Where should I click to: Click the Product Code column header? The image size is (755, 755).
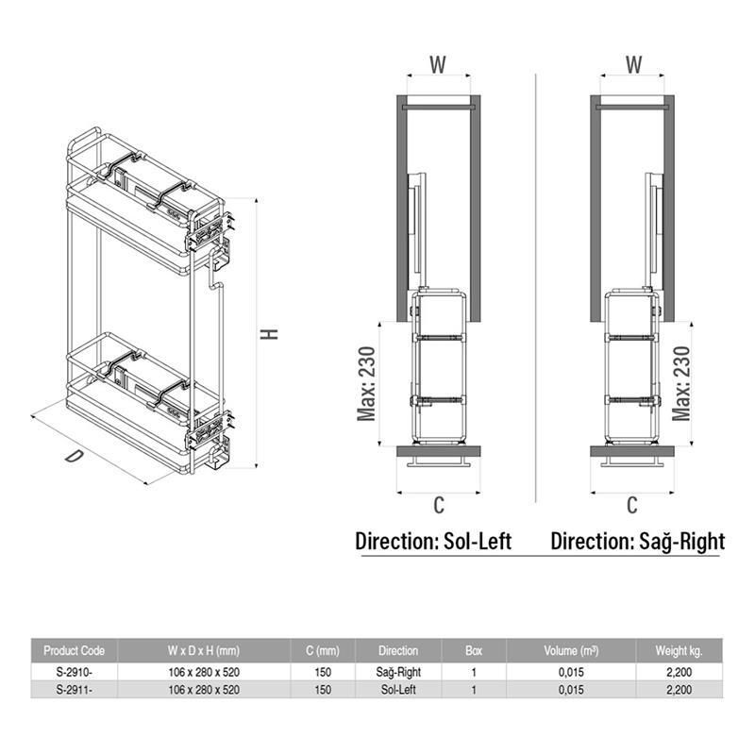point(75,650)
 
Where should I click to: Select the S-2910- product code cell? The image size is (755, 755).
point(74,672)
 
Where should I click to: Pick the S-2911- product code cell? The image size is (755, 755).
point(74,690)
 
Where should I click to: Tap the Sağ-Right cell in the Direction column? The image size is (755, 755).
point(398,672)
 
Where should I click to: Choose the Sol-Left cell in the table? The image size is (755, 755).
point(398,690)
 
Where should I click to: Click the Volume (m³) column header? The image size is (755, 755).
point(571,650)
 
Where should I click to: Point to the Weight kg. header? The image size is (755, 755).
point(679,651)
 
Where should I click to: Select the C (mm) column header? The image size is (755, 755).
point(323,650)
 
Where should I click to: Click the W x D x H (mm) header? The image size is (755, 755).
point(204,650)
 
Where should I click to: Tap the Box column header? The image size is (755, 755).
point(474,650)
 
